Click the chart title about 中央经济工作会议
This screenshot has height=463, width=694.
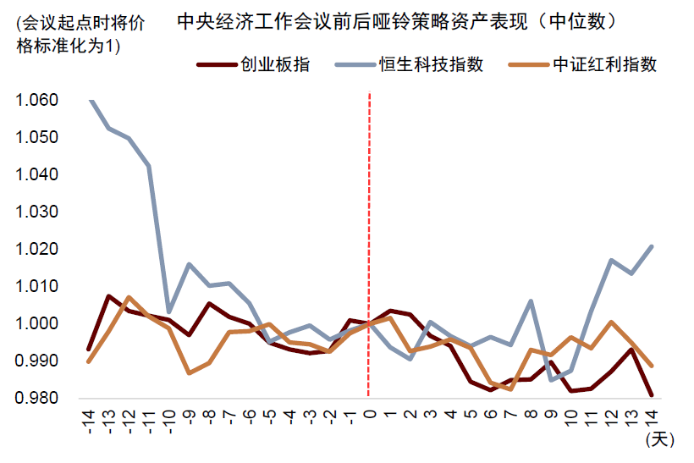click(396, 21)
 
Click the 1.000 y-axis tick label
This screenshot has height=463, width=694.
click(36, 324)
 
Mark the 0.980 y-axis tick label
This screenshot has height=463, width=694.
click(36, 399)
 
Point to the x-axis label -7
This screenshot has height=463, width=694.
click(230, 420)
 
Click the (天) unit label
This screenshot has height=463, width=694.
click(658, 440)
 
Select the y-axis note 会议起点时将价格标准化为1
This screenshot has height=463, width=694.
click(76, 35)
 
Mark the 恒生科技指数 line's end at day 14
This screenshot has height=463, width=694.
click(652, 246)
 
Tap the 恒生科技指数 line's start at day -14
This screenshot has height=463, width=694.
click(90, 101)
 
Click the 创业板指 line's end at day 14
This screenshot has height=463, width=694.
click(652, 395)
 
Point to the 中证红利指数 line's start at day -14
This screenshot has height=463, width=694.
click(90, 361)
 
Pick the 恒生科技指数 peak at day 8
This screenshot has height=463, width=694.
click(531, 301)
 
